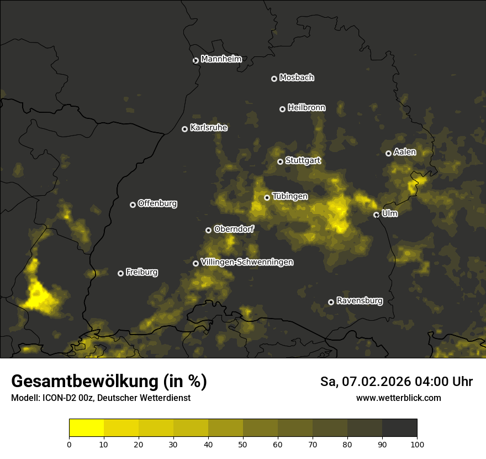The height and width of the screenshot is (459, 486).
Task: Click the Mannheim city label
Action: coord(221,59)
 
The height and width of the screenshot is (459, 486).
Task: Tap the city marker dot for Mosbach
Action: coord(274,79)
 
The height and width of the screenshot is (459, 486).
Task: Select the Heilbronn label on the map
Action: coord(307,108)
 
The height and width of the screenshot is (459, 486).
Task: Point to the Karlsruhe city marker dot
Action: coord(184,129)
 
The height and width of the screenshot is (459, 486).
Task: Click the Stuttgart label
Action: coord(303,161)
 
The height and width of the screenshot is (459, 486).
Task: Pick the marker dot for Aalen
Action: coord(388,153)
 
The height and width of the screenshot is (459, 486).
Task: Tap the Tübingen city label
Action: coord(290,196)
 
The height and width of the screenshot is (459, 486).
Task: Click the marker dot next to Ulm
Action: coord(376,215)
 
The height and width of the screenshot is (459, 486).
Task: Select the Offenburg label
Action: coord(157,204)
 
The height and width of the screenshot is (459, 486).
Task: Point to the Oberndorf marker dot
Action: coord(208,230)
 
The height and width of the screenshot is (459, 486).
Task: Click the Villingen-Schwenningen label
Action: coord(247,262)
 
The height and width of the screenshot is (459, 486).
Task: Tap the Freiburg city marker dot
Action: coord(120,273)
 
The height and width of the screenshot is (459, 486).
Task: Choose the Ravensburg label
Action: coord(359,301)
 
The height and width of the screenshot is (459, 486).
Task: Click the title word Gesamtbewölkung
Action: coord(86,382)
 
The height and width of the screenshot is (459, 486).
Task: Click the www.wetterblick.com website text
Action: coord(398,398)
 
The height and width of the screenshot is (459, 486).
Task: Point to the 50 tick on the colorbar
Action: coord(243,444)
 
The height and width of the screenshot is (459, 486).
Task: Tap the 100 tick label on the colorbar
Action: coord(417,444)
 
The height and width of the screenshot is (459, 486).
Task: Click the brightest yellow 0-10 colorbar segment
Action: coord(86,428)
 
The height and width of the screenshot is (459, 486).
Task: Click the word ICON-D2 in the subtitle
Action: coord(57,398)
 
